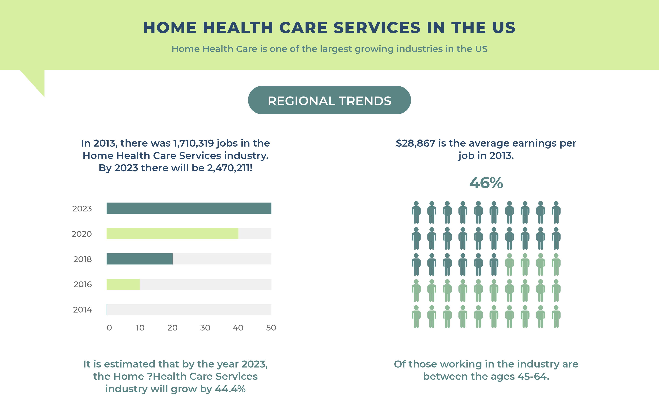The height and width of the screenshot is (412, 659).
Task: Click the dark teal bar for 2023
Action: pyautogui.click(x=189, y=208)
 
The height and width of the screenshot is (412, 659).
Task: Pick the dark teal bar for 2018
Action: pyautogui.click(x=139, y=259)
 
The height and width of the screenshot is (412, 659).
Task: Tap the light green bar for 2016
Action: pyautogui.click(x=123, y=284)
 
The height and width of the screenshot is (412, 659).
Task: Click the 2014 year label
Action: pyautogui.click(x=82, y=310)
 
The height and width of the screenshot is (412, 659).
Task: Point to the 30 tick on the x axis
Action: pyautogui.click(x=205, y=328)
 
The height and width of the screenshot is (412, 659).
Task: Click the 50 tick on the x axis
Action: pyautogui.click(x=271, y=328)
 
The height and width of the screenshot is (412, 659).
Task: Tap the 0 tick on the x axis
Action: pyautogui.click(x=109, y=328)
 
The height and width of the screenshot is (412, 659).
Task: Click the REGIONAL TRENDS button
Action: pyautogui.click(x=329, y=100)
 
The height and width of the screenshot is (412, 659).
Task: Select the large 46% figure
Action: pyautogui.click(x=486, y=183)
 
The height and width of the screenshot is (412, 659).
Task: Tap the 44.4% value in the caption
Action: pyautogui.click(x=230, y=389)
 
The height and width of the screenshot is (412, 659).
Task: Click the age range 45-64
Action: pyautogui.click(x=532, y=377)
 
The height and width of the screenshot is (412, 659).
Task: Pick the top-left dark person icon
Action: pyautogui.click(x=416, y=213)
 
